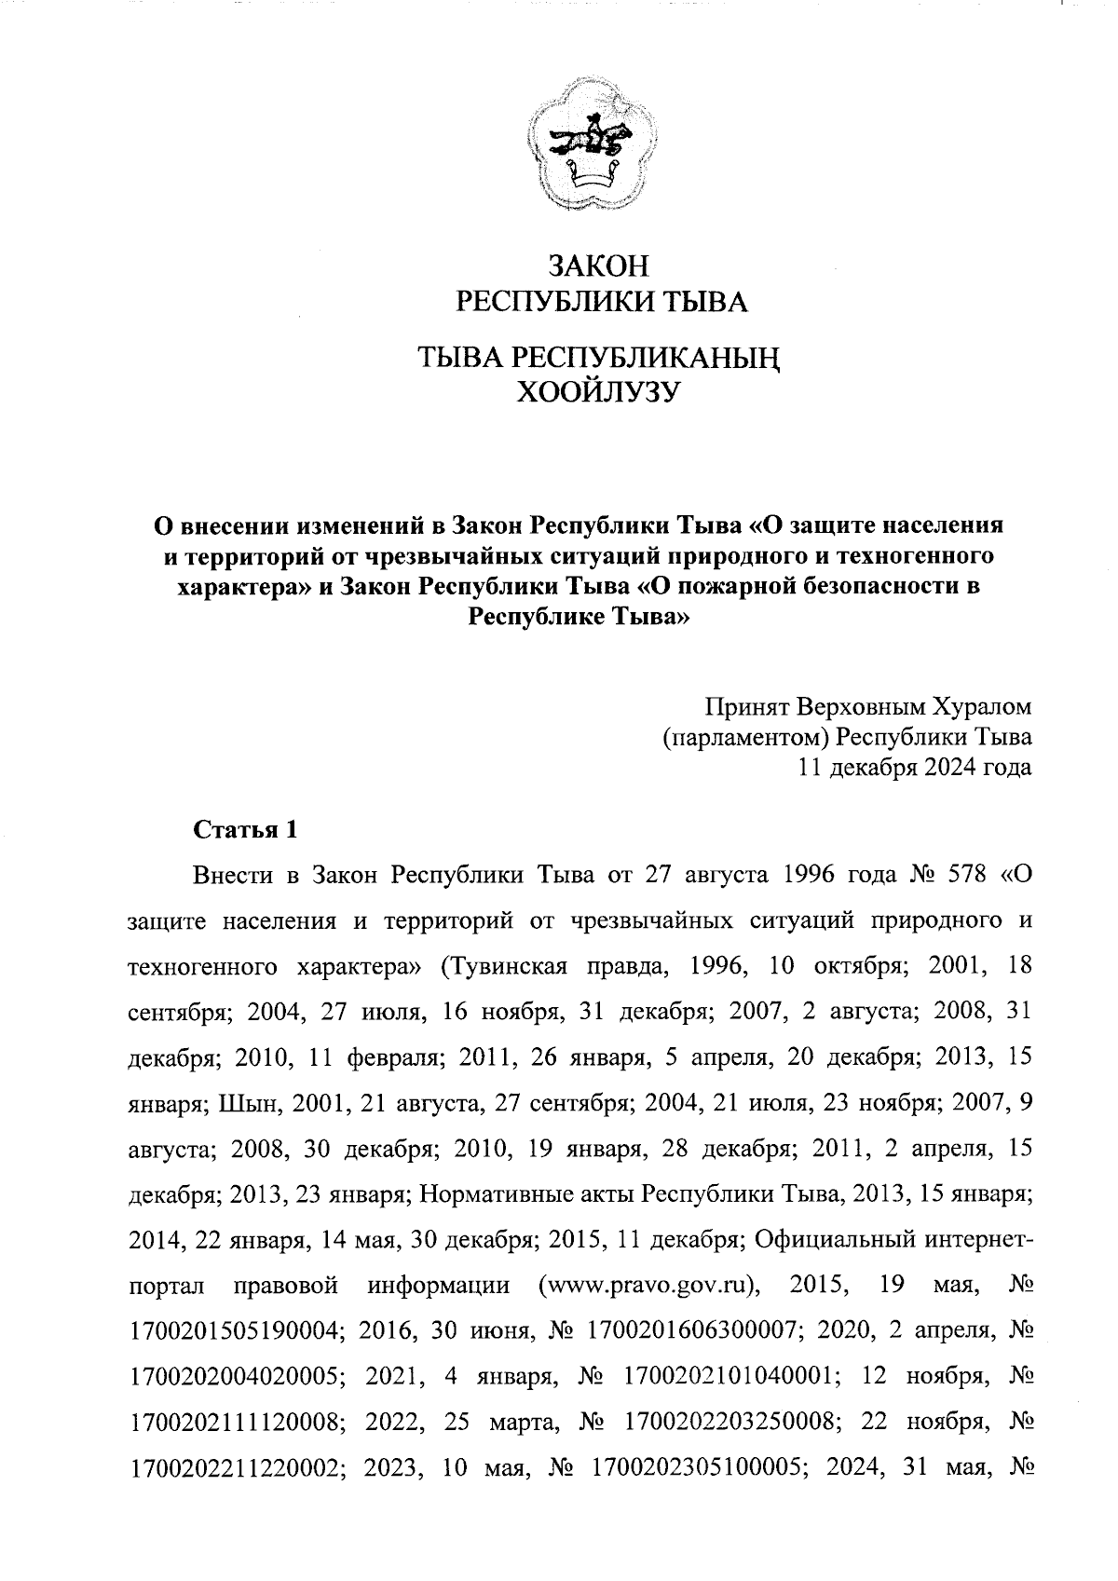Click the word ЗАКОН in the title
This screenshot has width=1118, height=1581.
pyautogui.click(x=597, y=266)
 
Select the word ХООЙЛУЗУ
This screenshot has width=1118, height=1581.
pyautogui.click(x=597, y=391)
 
